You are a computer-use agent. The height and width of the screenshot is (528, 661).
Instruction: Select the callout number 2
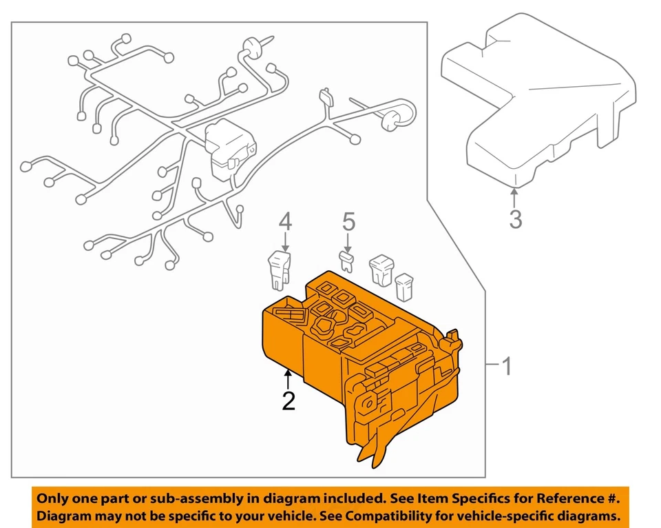point(288,400)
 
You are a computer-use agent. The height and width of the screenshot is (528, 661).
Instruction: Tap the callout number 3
point(515,219)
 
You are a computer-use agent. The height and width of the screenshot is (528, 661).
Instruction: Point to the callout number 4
point(285,222)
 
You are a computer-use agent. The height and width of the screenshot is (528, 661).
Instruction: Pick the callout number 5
point(348,222)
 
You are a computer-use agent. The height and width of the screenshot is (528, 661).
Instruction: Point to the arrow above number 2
point(288,377)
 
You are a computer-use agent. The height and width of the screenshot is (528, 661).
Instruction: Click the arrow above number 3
point(515,195)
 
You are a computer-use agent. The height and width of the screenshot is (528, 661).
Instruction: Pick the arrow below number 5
point(348,241)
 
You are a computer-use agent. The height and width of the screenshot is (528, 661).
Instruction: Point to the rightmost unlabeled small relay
point(404,287)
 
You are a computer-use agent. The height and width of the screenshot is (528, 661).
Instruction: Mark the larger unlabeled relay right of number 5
point(381,270)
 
